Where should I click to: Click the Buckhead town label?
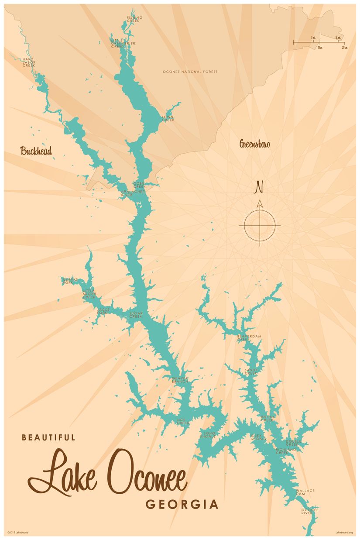click(36, 151)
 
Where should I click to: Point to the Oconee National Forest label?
click(190, 72)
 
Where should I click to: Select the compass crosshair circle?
click(260, 225)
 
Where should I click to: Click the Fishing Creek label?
click(134, 19)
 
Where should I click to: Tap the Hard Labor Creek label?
click(29, 62)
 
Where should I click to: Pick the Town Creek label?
click(168, 118)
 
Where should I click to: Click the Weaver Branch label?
click(179, 380)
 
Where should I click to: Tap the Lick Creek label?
click(182, 422)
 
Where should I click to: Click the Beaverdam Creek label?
click(249, 337)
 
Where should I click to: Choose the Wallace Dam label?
click(305, 492)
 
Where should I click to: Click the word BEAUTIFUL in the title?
click(48, 437)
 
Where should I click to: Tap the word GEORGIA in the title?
click(182, 505)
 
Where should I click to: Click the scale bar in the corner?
click(319, 42)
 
